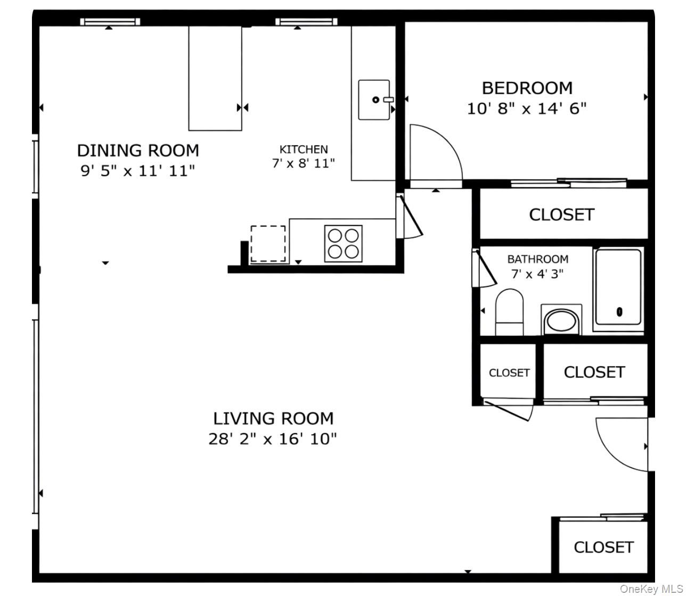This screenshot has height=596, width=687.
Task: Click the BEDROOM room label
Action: point(527,88)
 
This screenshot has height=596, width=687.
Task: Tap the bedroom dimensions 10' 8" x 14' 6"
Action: point(527,109)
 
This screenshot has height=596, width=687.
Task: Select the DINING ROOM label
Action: point(138,151)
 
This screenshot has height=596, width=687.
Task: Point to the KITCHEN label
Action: point(304,150)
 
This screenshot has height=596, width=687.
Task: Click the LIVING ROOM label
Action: point(273,419)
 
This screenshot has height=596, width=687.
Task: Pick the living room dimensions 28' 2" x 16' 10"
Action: point(273,439)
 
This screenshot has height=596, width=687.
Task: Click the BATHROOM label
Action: point(537,259)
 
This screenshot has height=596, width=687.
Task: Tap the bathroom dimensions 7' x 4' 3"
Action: point(537,274)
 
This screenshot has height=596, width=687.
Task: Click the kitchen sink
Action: point(374,100)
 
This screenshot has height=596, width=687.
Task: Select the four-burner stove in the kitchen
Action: point(343,243)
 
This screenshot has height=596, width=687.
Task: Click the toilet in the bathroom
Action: point(509,313)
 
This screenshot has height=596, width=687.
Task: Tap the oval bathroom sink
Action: point(561,321)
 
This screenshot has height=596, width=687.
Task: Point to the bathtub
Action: point(618,287)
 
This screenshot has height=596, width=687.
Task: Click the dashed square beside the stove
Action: point(268,243)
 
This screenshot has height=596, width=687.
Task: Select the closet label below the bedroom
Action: point(561,214)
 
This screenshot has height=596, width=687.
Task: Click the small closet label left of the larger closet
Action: point(509,373)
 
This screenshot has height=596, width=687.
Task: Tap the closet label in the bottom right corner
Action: point(603,547)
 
